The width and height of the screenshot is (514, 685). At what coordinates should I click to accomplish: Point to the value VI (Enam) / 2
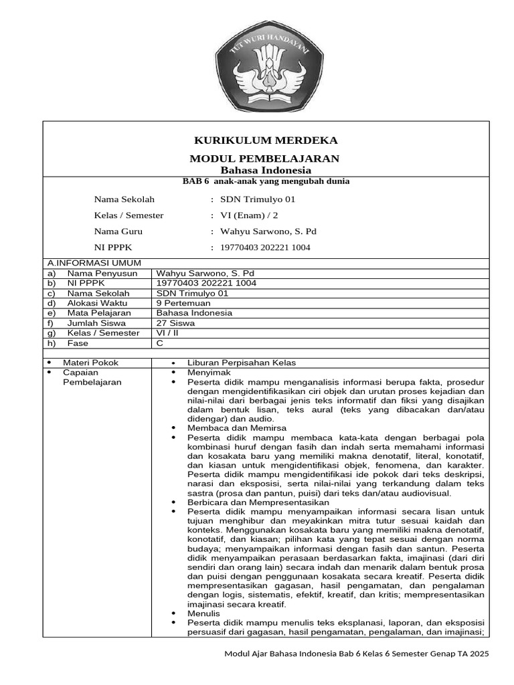(250, 215)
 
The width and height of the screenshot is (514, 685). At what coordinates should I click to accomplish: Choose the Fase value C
(159, 343)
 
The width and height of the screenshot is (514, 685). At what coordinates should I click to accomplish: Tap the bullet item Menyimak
(209, 372)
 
